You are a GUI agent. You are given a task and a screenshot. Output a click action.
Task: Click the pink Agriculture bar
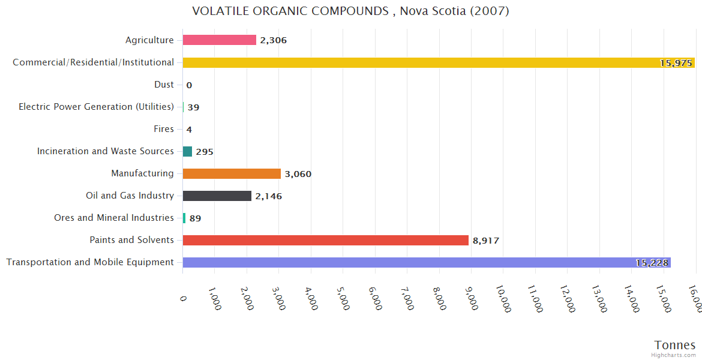tap(220, 40)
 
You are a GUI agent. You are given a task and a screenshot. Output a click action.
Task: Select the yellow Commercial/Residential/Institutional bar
tap(438, 62)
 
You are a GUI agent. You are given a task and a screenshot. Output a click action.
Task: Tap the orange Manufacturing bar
tap(232, 173)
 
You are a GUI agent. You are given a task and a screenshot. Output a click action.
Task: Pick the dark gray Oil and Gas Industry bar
tap(217, 196)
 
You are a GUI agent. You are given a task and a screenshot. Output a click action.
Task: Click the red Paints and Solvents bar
tap(325, 240)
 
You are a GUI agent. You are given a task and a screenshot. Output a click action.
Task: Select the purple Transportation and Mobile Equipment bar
tap(426, 262)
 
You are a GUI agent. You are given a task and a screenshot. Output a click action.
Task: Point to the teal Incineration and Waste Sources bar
tap(187, 151)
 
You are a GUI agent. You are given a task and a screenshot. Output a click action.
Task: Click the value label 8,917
tap(486, 241)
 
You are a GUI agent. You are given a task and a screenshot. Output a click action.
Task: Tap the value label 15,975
tap(676, 63)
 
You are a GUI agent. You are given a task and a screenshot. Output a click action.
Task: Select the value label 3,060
tap(298, 174)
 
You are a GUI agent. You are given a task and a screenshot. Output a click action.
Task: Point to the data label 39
tap(193, 107)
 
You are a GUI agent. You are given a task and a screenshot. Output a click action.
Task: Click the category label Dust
tap(164, 85)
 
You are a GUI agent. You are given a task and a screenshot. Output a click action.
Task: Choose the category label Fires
tap(164, 129)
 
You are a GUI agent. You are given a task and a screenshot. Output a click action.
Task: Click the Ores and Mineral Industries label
tap(114, 218)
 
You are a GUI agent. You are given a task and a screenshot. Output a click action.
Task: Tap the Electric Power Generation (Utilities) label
tap(96, 107)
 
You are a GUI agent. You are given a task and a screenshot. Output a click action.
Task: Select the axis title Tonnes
tap(675, 345)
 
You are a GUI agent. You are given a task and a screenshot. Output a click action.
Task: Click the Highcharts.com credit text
tap(674, 355)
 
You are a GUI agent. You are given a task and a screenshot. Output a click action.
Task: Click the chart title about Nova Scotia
tap(350, 11)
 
